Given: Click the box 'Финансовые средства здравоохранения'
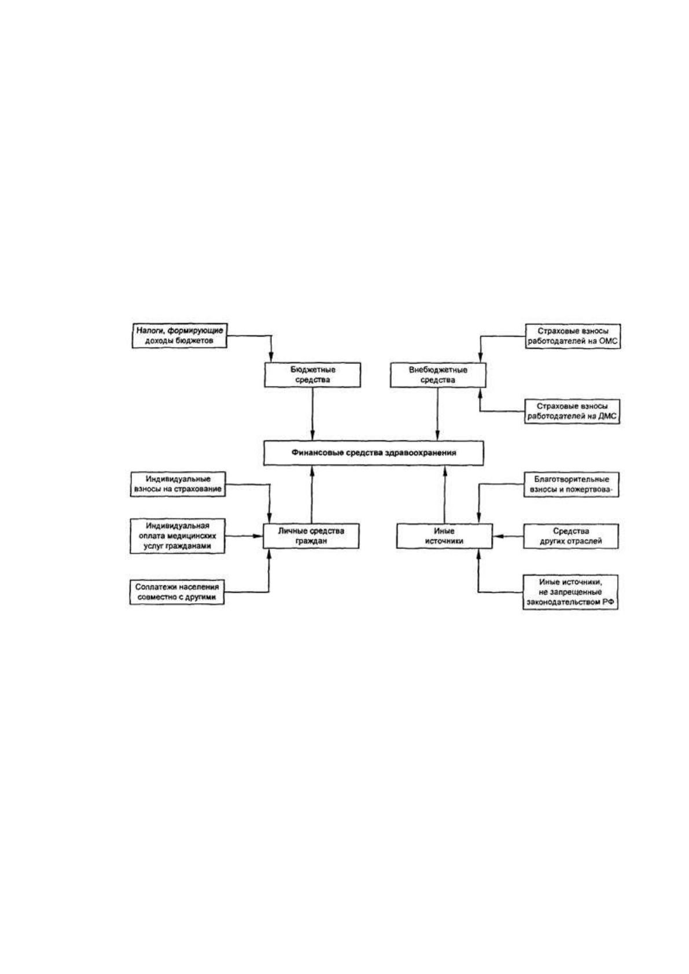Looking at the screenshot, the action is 373,453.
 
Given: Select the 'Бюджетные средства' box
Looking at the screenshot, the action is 312,375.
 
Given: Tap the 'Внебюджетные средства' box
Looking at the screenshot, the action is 437,375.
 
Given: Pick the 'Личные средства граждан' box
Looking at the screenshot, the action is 311,536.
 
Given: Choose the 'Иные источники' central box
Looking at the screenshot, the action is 444,536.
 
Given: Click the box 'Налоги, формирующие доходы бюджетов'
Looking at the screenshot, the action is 179,335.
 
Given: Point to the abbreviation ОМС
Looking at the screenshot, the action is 608,341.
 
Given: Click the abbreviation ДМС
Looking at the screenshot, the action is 607,416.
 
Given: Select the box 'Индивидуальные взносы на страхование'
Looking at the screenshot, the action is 178,484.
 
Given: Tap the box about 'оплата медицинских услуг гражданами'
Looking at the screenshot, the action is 178,536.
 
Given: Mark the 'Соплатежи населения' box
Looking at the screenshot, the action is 177,592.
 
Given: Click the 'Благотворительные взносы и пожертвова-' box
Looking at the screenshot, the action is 571,484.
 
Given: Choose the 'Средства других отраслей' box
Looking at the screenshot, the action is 570,536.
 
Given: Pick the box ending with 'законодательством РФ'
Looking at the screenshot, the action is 570,592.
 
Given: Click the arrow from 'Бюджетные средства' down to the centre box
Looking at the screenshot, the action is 312,414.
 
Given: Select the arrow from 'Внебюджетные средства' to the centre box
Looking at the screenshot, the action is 437,414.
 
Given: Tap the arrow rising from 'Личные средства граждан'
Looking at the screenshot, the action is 311,495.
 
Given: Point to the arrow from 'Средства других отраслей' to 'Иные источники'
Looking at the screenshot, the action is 507,536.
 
